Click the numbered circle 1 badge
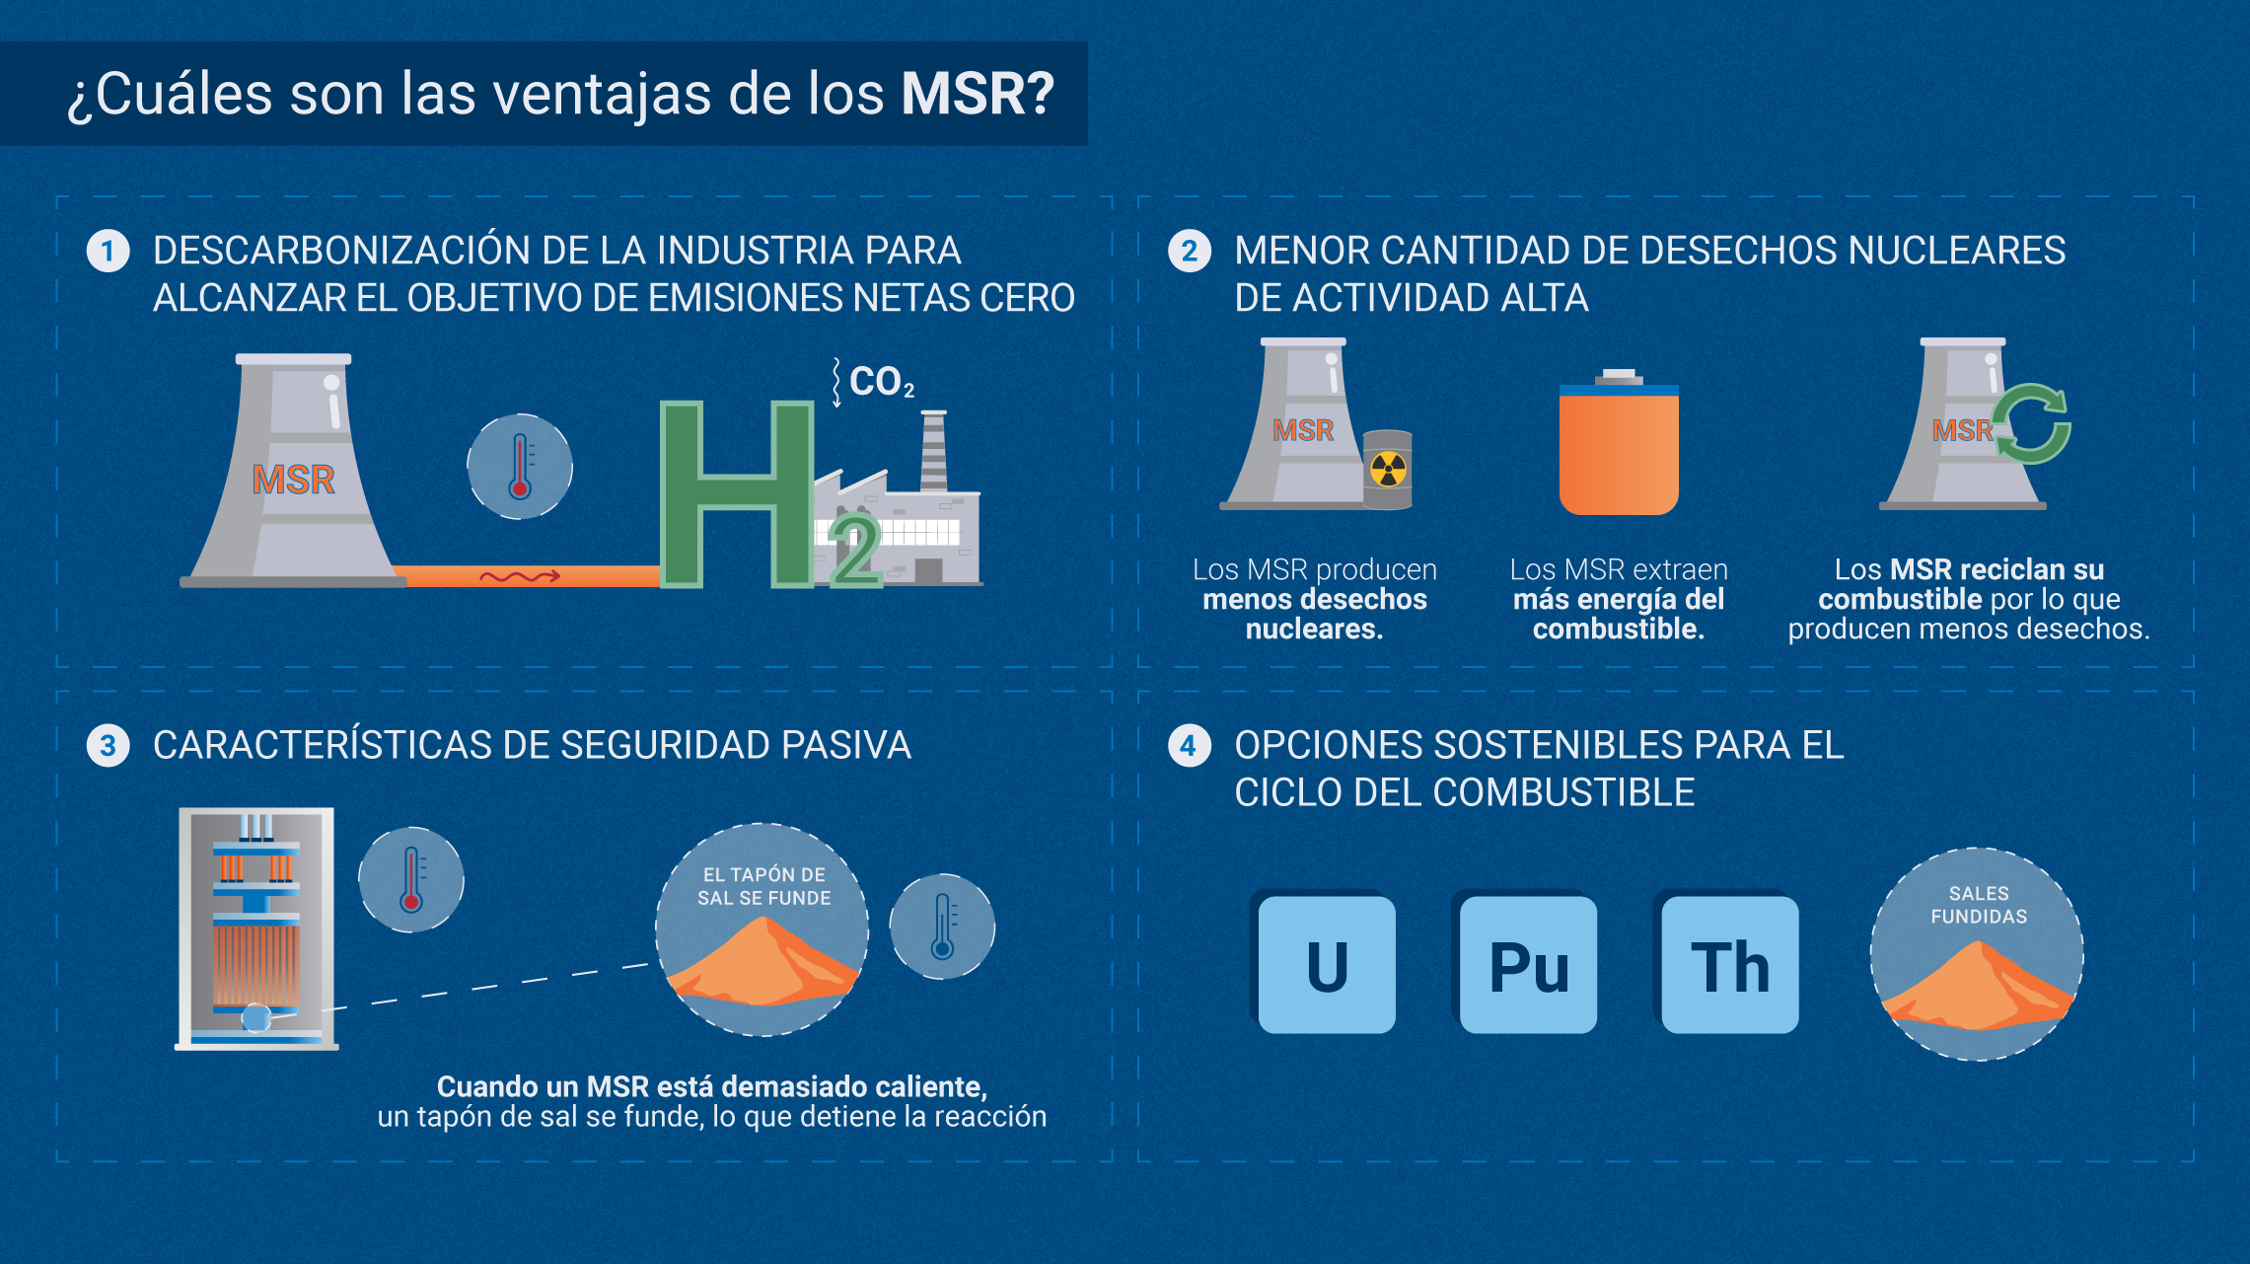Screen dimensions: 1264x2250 pos(109,252)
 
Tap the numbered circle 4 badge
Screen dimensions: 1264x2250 pos(1189,746)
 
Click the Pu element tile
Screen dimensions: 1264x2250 pos(1528,965)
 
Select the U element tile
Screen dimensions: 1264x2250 pos(1327,965)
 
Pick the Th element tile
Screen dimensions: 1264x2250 pos(1729,965)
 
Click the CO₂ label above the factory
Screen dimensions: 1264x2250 pos(880,382)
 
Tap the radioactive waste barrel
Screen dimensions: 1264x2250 pos(1388,470)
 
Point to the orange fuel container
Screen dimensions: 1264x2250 pos(1619,449)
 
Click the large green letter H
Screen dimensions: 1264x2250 pos(735,493)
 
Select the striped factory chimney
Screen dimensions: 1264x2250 pos(933,451)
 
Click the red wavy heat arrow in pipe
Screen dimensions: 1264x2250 pos(520,576)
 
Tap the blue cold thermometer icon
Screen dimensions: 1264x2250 pos(942,927)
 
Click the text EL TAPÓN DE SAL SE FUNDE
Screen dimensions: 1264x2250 pos(763,886)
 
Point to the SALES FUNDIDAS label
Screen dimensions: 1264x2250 pos(1978,905)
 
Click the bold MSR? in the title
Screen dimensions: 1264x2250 pos(977,95)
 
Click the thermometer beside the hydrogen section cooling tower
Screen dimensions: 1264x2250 pos(520,467)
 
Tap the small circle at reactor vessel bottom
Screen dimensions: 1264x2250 pos(256,1017)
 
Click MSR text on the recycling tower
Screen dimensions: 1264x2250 pos(1962,430)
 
